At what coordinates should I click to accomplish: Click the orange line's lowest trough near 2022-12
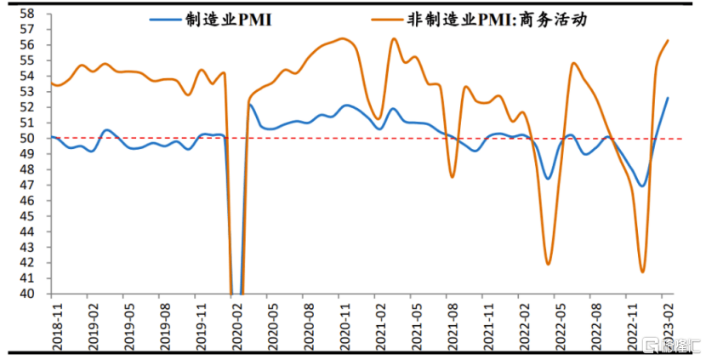(x=642, y=271)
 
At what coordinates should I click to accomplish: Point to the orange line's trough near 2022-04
(x=548, y=264)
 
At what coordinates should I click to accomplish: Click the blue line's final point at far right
(x=668, y=98)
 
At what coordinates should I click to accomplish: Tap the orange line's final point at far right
(x=668, y=40)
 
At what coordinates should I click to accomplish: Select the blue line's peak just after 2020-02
(x=251, y=106)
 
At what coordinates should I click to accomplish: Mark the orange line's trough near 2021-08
(x=452, y=176)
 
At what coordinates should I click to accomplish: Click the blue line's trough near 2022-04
(x=549, y=178)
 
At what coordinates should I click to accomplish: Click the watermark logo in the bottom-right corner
(x=672, y=346)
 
